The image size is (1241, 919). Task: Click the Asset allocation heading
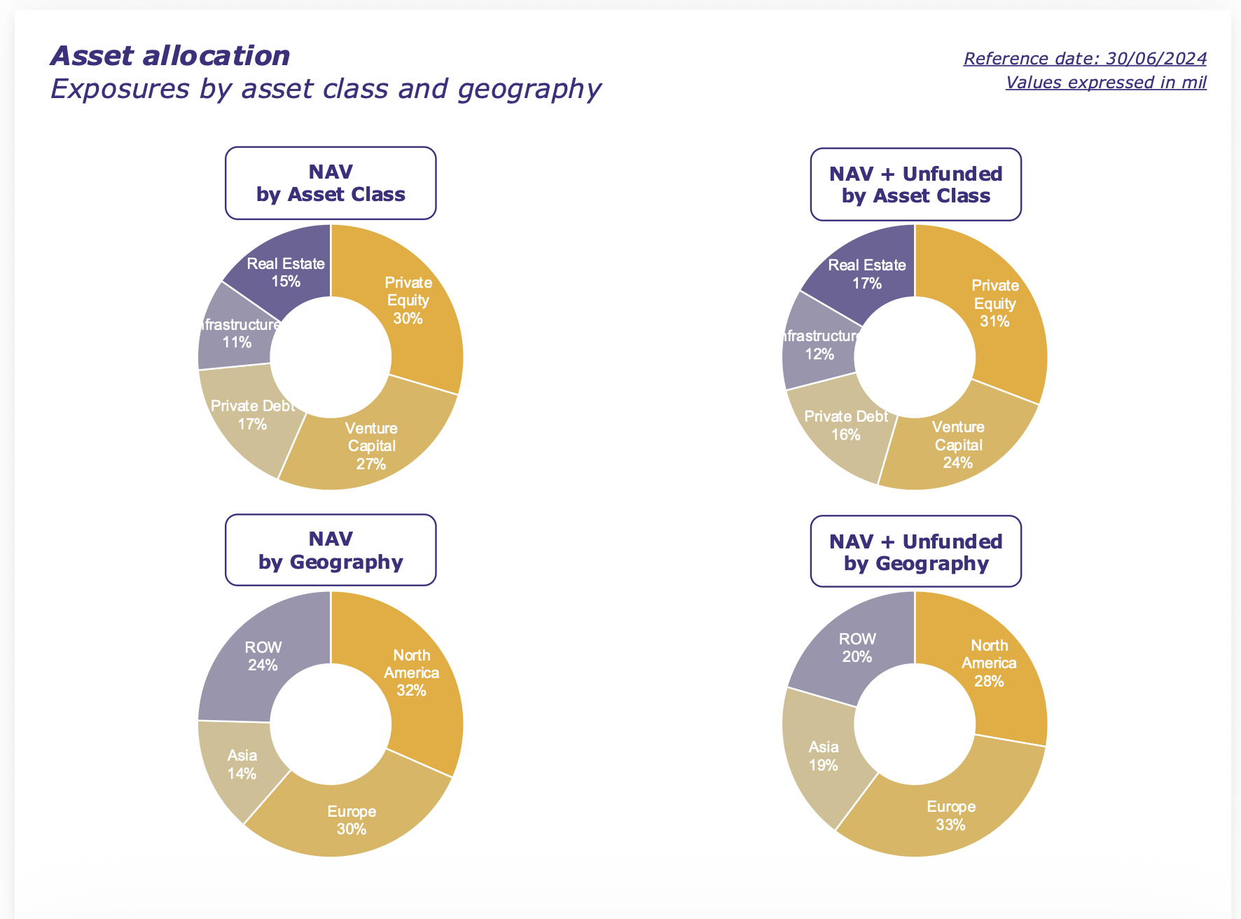(x=170, y=56)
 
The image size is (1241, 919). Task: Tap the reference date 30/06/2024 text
(x=1084, y=58)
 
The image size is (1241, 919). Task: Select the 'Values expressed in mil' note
(x=1105, y=82)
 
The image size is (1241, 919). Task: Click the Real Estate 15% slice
(x=286, y=272)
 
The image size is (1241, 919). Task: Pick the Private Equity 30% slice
(x=408, y=301)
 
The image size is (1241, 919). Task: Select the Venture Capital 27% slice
(x=371, y=445)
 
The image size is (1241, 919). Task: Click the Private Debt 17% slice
(x=252, y=415)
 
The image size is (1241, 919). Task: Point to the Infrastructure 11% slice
(x=237, y=333)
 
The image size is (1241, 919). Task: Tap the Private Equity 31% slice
(x=994, y=304)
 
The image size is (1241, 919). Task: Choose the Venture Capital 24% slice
(x=958, y=444)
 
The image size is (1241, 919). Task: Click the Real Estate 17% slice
(x=867, y=274)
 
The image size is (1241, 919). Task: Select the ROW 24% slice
(x=263, y=656)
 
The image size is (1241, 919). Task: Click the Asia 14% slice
(x=242, y=764)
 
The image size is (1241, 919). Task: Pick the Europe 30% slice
(x=352, y=820)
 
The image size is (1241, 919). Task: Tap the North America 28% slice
(x=989, y=663)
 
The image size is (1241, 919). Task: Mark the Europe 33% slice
(x=950, y=815)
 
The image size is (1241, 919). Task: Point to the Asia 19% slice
(x=824, y=756)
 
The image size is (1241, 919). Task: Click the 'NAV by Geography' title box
(x=331, y=550)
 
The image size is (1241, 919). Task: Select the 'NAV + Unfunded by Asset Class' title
(x=915, y=184)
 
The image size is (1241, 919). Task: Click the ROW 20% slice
(x=857, y=647)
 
